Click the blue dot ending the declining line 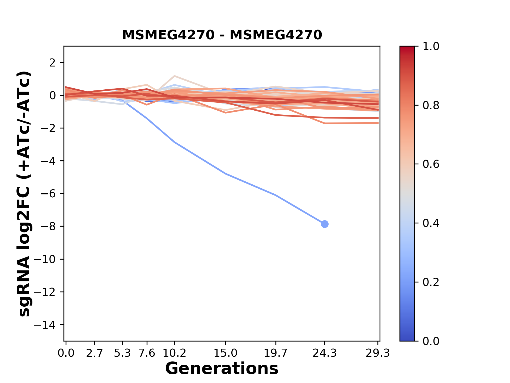(x=324, y=224)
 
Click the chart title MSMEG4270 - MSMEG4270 (x=222, y=35)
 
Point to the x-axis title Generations (x=222, y=369)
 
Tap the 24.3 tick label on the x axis (x=324, y=353)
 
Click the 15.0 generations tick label (x=226, y=353)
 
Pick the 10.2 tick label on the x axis (x=174, y=353)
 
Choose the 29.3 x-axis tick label (x=377, y=353)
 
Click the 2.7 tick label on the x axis (x=95, y=353)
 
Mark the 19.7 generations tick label (x=275, y=353)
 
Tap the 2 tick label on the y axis (x=53, y=63)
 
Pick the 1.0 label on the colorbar (x=431, y=47)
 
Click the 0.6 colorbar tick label (x=431, y=164)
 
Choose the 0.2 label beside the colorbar (x=431, y=282)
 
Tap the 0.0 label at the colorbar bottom (x=431, y=341)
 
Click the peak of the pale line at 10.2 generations (x=175, y=76)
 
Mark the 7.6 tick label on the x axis (x=147, y=353)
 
